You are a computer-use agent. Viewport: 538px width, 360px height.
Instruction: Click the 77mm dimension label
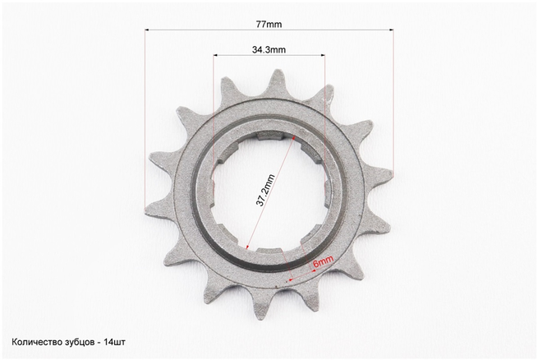point(269,25)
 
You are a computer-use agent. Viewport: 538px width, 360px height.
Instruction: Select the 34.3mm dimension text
point(269,50)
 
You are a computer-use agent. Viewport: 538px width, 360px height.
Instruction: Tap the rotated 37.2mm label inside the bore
point(265,191)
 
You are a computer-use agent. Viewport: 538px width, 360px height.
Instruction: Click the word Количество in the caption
point(35,342)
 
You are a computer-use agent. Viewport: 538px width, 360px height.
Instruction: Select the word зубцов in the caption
point(79,343)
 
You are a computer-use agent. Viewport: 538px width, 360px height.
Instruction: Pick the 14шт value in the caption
point(115,342)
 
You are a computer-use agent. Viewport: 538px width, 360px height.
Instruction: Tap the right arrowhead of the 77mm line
point(392,30)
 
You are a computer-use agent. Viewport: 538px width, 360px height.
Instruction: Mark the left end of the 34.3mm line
point(214,55)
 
